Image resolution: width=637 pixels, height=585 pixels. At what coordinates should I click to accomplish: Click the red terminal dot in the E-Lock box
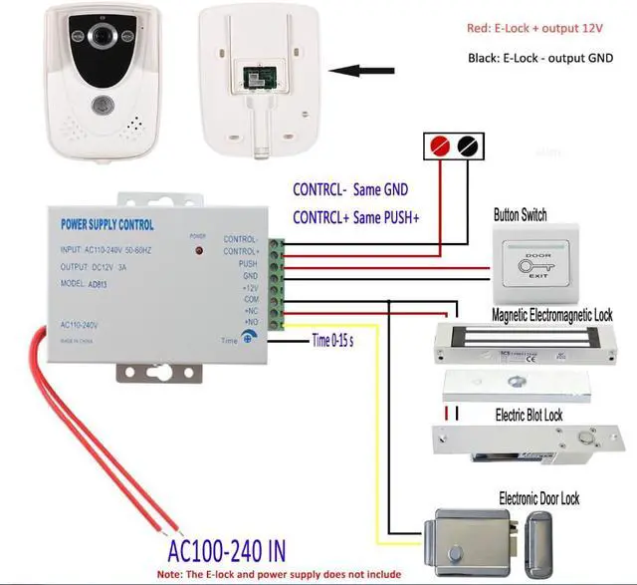[435, 146]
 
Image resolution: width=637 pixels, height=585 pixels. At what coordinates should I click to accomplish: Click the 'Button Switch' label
[520, 215]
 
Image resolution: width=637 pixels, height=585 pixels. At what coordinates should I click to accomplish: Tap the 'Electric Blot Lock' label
[529, 414]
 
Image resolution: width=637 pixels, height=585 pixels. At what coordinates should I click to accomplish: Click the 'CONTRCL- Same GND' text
[349, 188]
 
